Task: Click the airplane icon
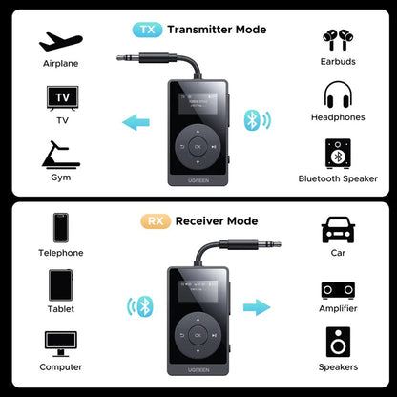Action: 59,42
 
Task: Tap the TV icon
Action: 59,98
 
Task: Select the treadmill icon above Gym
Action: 59,154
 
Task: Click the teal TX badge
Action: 147,29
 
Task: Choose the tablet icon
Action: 59,286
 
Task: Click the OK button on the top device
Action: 198,147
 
